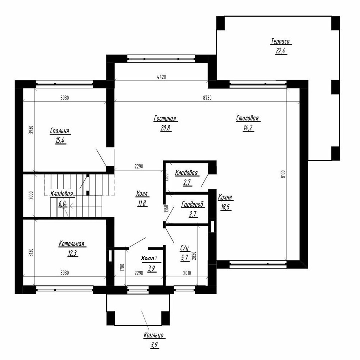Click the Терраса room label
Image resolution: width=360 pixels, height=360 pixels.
click(x=280, y=41)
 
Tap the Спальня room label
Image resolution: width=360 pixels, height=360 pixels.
click(x=60, y=131)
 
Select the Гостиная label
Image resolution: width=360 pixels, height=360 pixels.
click(x=165, y=119)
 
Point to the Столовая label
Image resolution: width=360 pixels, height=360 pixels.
click(x=247, y=118)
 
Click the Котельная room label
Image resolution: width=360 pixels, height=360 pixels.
click(x=71, y=244)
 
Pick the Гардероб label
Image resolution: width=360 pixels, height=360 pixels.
click(x=192, y=205)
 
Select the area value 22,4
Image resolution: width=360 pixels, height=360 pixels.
click(x=281, y=51)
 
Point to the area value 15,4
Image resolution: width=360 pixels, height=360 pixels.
click(x=60, y=140)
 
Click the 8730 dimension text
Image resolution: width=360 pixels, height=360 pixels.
click(x=207, y=98)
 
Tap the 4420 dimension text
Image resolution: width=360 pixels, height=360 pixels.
click(x=162, y=77)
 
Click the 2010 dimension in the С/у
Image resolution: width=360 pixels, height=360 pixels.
click(x=187, y=273)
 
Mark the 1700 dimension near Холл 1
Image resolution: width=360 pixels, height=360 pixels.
click(x=122, y=267)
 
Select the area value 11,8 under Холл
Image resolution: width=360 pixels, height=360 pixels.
click(x=142, y=203)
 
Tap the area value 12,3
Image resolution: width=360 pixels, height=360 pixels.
click(x=72, y=253)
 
